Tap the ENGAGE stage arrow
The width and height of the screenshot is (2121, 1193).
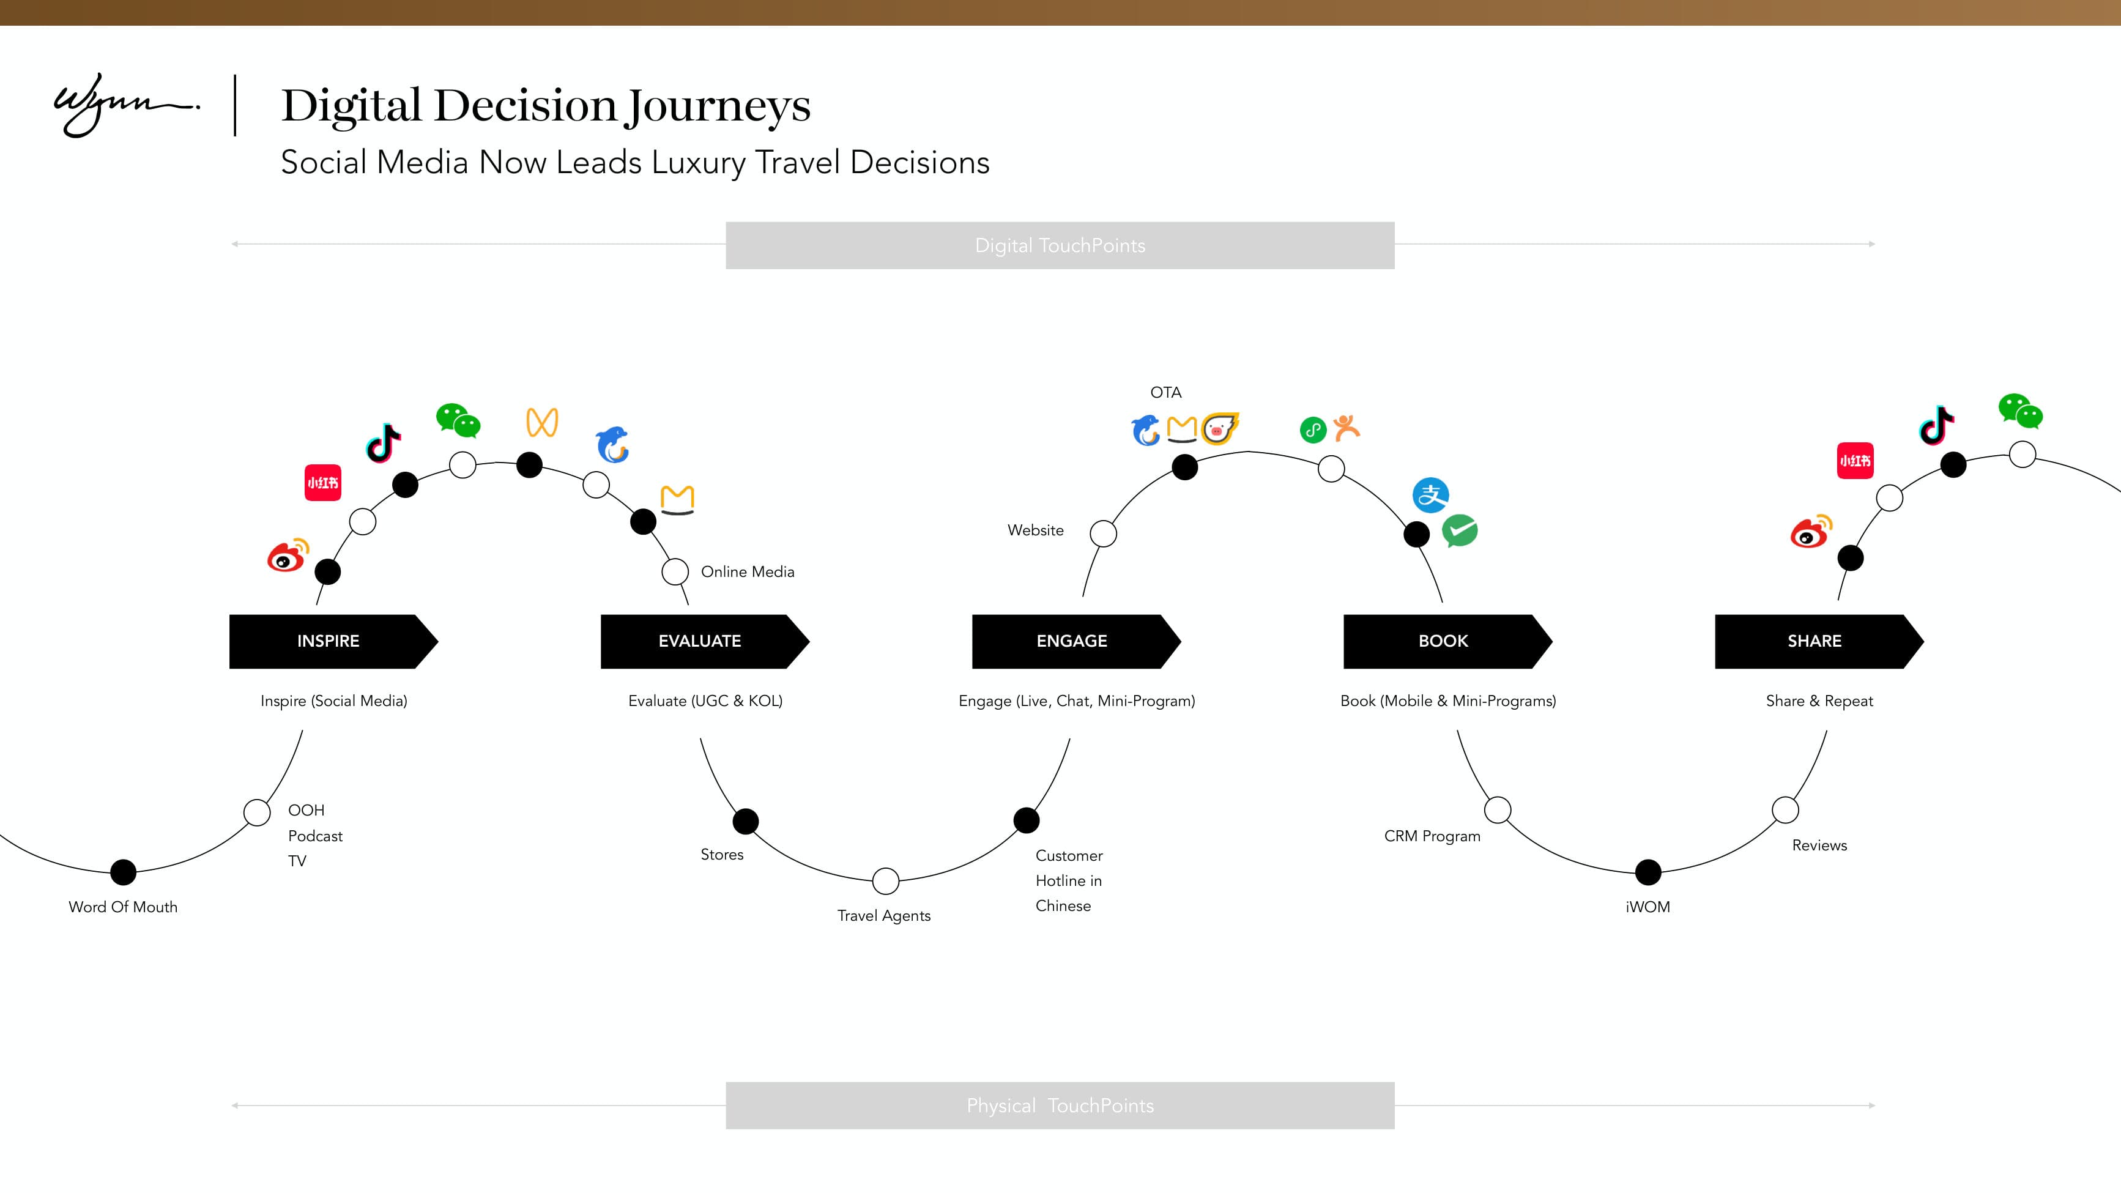[1072, 641]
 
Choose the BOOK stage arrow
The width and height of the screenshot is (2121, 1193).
[1443, 641]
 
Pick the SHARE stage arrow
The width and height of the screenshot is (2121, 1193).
[1815, 641]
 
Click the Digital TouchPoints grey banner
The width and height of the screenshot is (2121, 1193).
[1060, 245]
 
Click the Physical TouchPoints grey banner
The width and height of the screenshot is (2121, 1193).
[1060, 1105]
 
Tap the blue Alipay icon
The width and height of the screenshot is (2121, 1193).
[1430, 495]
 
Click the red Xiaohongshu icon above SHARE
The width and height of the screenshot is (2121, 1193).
[1854, 461]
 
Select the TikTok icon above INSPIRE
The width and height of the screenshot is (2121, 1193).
[384, 443]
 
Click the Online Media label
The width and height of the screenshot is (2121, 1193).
[747, 571]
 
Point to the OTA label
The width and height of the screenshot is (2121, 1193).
[1165, 393]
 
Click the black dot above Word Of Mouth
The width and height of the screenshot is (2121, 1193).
[124, 871]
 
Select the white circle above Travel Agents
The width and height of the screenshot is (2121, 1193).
[885, 880]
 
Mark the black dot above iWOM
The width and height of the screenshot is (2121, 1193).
[1647, 871]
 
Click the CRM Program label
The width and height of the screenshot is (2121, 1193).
[1432, 836]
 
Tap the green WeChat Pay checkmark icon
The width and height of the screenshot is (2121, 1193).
[1460, 531]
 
